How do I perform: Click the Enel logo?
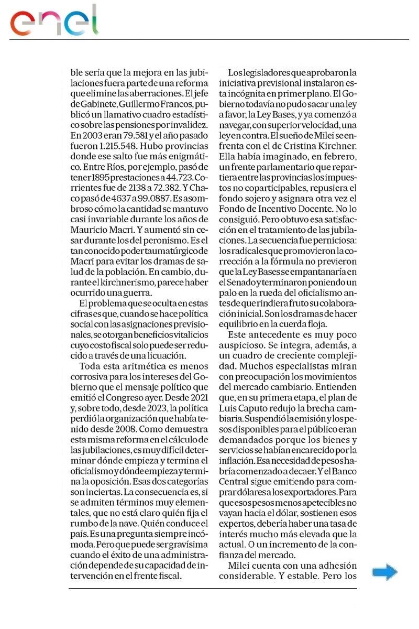point(54,21)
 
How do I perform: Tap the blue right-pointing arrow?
point(384,572)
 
